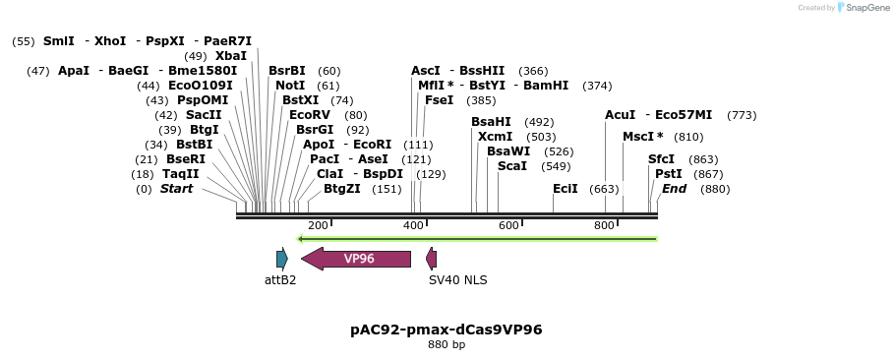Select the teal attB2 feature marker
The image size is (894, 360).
click(281, 259)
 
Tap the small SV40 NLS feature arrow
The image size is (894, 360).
click(431, 259)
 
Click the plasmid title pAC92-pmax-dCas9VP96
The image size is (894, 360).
click(447, 330)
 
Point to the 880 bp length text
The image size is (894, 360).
click(447, 345)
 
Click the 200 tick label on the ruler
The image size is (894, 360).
click(318, 226)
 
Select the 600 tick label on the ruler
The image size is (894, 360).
click(508, 226)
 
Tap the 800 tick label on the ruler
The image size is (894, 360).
click(604, 226)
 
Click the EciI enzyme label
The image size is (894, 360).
click(566, 189)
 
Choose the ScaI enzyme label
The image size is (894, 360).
click(512, 166)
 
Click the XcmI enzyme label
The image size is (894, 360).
click(496, 137)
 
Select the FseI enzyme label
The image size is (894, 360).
click(440, 100)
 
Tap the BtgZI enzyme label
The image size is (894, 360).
click(342, 189)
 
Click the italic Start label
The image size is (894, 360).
click(177, 189)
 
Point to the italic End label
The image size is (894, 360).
click(674, 189)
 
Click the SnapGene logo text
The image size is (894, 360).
click(862, 8)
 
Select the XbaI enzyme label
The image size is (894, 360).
click(231, 56)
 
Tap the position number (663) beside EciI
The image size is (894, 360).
click(604, 189)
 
